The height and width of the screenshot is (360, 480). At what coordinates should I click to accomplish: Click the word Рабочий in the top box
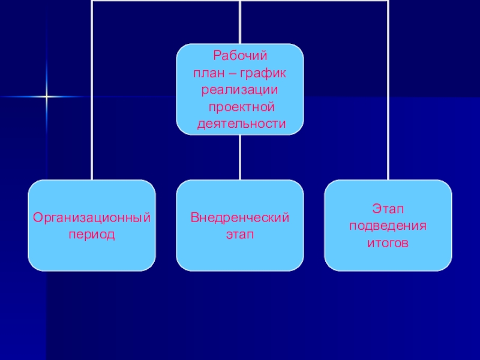pos(240,56)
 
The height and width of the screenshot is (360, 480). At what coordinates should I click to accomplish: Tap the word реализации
pos(240,90)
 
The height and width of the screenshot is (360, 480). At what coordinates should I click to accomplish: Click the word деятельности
pos(240,124)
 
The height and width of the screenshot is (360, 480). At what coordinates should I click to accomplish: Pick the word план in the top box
pos(206,73)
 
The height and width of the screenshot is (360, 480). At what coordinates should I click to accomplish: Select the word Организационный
pos(91,217)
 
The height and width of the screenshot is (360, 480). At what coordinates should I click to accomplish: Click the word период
pos(91,234)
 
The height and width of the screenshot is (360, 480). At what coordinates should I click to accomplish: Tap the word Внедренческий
pos(240,217)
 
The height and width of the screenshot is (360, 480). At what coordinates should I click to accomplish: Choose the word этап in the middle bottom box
pos(240,234)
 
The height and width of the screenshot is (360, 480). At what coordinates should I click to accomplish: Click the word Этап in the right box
pos(388,209)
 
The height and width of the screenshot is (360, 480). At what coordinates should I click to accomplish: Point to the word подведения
pos(388,226)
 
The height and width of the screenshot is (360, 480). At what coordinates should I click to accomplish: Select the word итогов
pos(388,244)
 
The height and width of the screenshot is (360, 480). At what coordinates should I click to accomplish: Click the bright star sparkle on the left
pos(46,97)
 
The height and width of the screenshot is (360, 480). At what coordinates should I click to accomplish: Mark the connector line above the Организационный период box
pos(92,90)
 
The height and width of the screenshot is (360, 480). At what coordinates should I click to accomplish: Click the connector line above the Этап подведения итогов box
pos(388,90)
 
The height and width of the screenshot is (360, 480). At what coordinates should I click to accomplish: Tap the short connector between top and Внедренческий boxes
pos(240,157)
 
